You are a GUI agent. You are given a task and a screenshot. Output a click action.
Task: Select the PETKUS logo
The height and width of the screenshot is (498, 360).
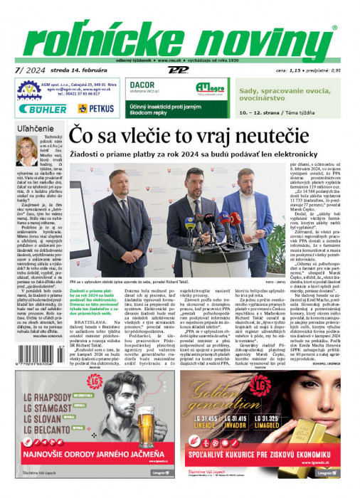(95, 109)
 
